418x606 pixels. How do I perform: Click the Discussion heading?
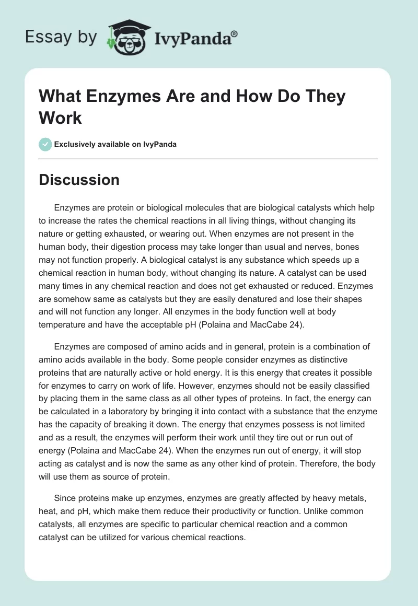[79, 180]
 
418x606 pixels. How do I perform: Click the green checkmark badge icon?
[45, 144]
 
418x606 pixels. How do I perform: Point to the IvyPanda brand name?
[195, 37]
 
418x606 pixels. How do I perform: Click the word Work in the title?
[60, 118]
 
